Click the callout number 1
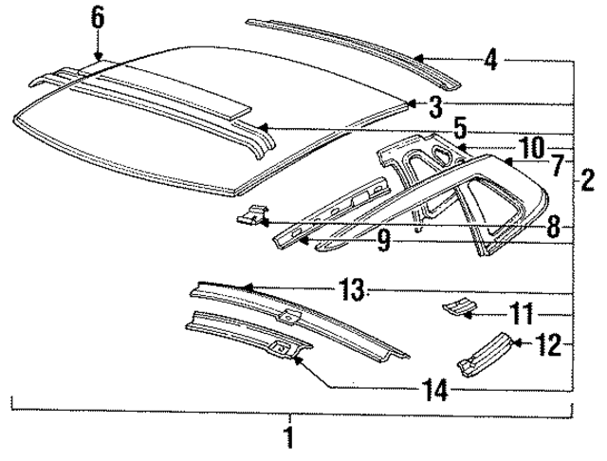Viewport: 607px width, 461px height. coord(289,437)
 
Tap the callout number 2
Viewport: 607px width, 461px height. coord(589,177)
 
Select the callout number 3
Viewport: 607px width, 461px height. coord(433,105)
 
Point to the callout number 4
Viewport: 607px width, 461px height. coord(489,60)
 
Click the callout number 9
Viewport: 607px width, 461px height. coord(383,242)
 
